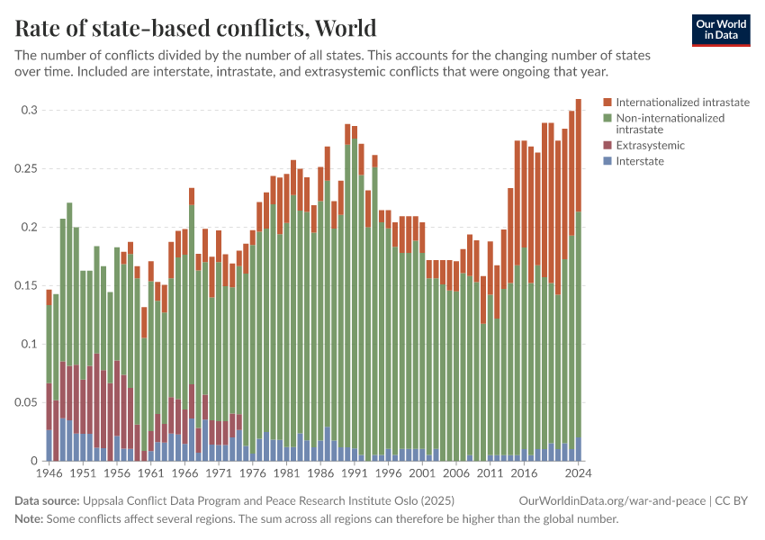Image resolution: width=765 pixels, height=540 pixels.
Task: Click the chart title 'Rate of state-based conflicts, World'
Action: pyautogui.click(x=195, y=28)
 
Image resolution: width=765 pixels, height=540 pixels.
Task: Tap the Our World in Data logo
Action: pyautogui.click(x=720, y=30)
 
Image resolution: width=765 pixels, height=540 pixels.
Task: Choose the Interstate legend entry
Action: pyautogui.click(x=640, y=161)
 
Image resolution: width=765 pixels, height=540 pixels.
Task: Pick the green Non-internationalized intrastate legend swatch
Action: pyautogui.click(x=607, y=118)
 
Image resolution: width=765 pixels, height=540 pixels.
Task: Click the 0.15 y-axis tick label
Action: pyautogui.click(x=28, y=286)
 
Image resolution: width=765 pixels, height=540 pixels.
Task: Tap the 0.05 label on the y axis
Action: pyautogui.click(x=28, y=403)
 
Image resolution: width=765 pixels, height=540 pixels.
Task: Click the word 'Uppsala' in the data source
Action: pyautogui.click(x=104, y=500)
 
